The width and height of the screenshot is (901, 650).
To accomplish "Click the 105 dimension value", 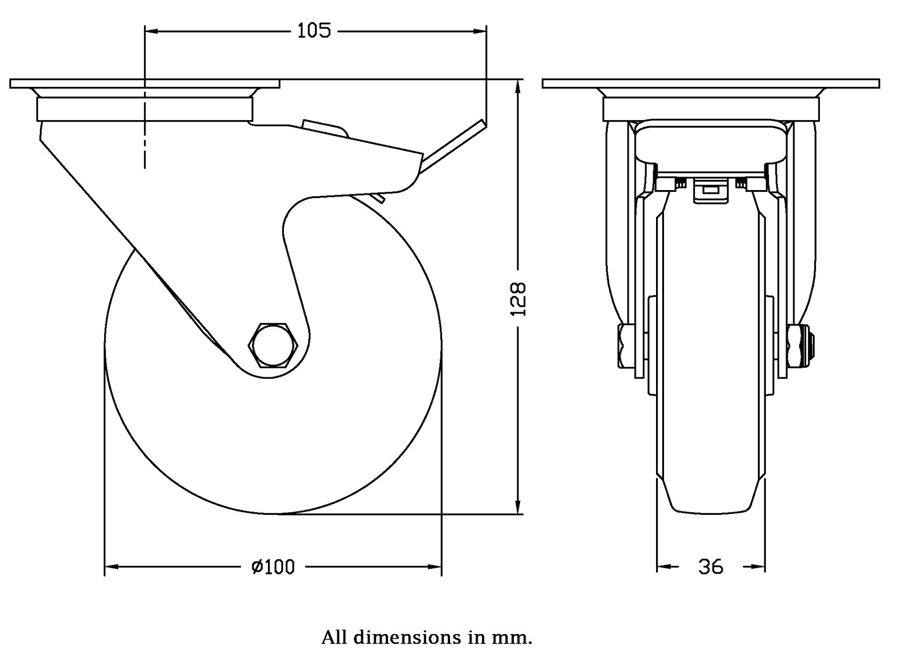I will [x=314, y=31].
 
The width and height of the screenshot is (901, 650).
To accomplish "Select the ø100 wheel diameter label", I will [x=274, y=567].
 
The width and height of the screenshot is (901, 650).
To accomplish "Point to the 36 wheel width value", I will [x=711, y=567].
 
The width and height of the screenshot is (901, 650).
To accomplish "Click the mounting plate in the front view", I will [x=710, y=84].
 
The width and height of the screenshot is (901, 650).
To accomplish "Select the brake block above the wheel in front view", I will [x=710, y=192].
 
